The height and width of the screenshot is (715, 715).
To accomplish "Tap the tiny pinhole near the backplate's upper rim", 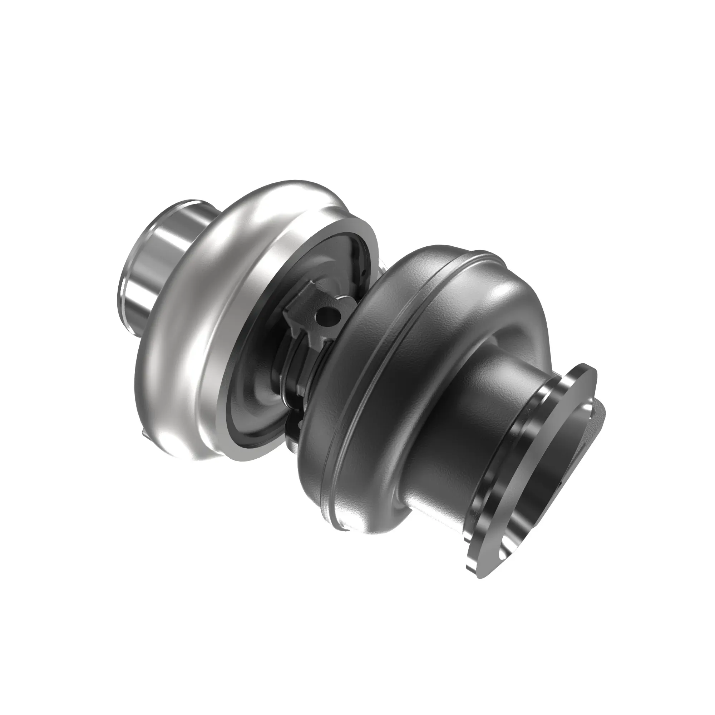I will coord(364,273).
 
